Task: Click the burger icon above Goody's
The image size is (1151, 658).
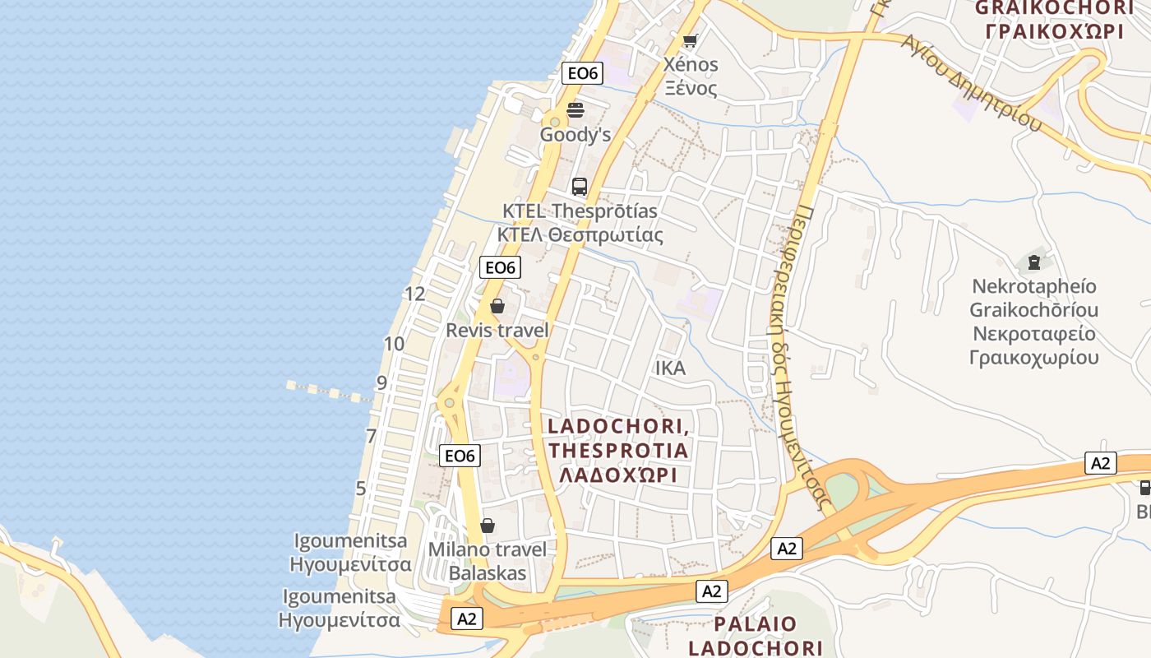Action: pyautogui.click(x=575, y=110)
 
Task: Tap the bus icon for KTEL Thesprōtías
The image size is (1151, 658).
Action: pyautogui.click(x=580, y=187)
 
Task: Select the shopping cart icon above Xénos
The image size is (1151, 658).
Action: pyautogui.click(x=690, y=40)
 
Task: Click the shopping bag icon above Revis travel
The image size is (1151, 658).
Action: pyautogui.click(x=497, y=307)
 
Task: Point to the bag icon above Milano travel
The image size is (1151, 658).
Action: pyautogui.click(x=488, y=526)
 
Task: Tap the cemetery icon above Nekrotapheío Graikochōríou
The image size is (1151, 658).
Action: pyautogui.click(x=1033, y=263)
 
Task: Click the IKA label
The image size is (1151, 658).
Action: pyautogui.click(x=670, y=368)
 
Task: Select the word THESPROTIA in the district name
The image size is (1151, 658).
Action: pyautogui.click(x=618, y=451)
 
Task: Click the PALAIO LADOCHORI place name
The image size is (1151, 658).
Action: pyautogui.click(x=756, y=635)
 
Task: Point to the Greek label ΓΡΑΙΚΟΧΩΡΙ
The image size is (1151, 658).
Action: pyautogui.click(x=1054, y=31)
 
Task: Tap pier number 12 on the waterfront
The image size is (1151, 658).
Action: pyautogui.click(x=415, y=294)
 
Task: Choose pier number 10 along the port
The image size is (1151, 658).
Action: pyautogui.click(x=395, y=344)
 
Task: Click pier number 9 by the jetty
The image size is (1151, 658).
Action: pyautogui.click(x=381, y=382)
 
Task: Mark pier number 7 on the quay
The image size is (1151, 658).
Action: pyautogui.click(x=372, y=436)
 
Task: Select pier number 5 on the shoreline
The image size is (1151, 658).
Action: pyautogui.click(x=361, y=488)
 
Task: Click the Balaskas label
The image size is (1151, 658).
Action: pyautogui.click(x=488, y=573)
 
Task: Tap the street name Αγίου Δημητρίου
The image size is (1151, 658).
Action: pyautogui.click(x=970, y=82)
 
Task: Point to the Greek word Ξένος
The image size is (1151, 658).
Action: pyautogui.click(x=691, y=88)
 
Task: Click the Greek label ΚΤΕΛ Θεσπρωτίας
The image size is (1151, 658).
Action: pyautogui.click(x=580, y=235)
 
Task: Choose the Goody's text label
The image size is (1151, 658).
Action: pyautogui.click(x=575, y=135)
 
